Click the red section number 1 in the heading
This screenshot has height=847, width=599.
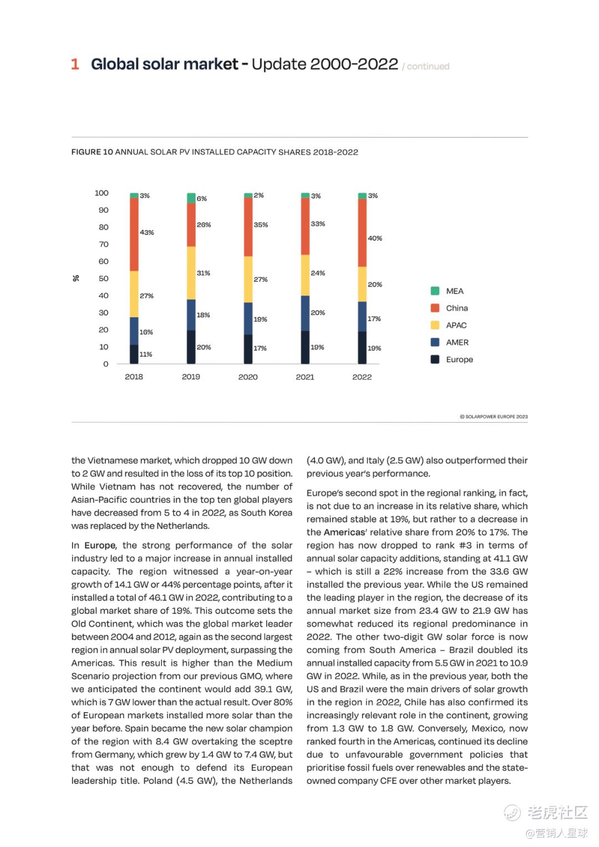pos(75,64)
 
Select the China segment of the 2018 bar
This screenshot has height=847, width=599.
pos(134,234)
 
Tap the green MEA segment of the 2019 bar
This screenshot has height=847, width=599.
pos(191,198)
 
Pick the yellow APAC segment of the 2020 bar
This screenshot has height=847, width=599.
pos(248,279)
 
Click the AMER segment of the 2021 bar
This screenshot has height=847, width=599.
pos(305,313)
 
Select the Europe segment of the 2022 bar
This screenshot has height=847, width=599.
pos(362,347)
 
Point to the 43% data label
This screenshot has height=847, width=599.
pos(147,232)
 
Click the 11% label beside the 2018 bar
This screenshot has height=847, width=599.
pos(146,354)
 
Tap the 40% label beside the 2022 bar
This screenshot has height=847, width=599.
pos(375,239)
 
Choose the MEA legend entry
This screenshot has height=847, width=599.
pos(454,291)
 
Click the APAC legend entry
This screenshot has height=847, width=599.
pos(456,326)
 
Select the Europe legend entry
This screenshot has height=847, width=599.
pos(459,359)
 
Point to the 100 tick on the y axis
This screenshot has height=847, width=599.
pos(101,193)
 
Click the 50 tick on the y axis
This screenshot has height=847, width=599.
pos(104,278)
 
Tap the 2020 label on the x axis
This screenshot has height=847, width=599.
pos(248,377)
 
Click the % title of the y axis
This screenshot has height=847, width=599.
pos(76,278)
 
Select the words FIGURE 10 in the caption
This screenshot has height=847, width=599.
pos(92,152)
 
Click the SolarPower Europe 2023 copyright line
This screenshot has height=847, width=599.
pos(494,417)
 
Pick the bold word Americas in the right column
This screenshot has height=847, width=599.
pos(344,532)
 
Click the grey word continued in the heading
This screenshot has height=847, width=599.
pos(428,67)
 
